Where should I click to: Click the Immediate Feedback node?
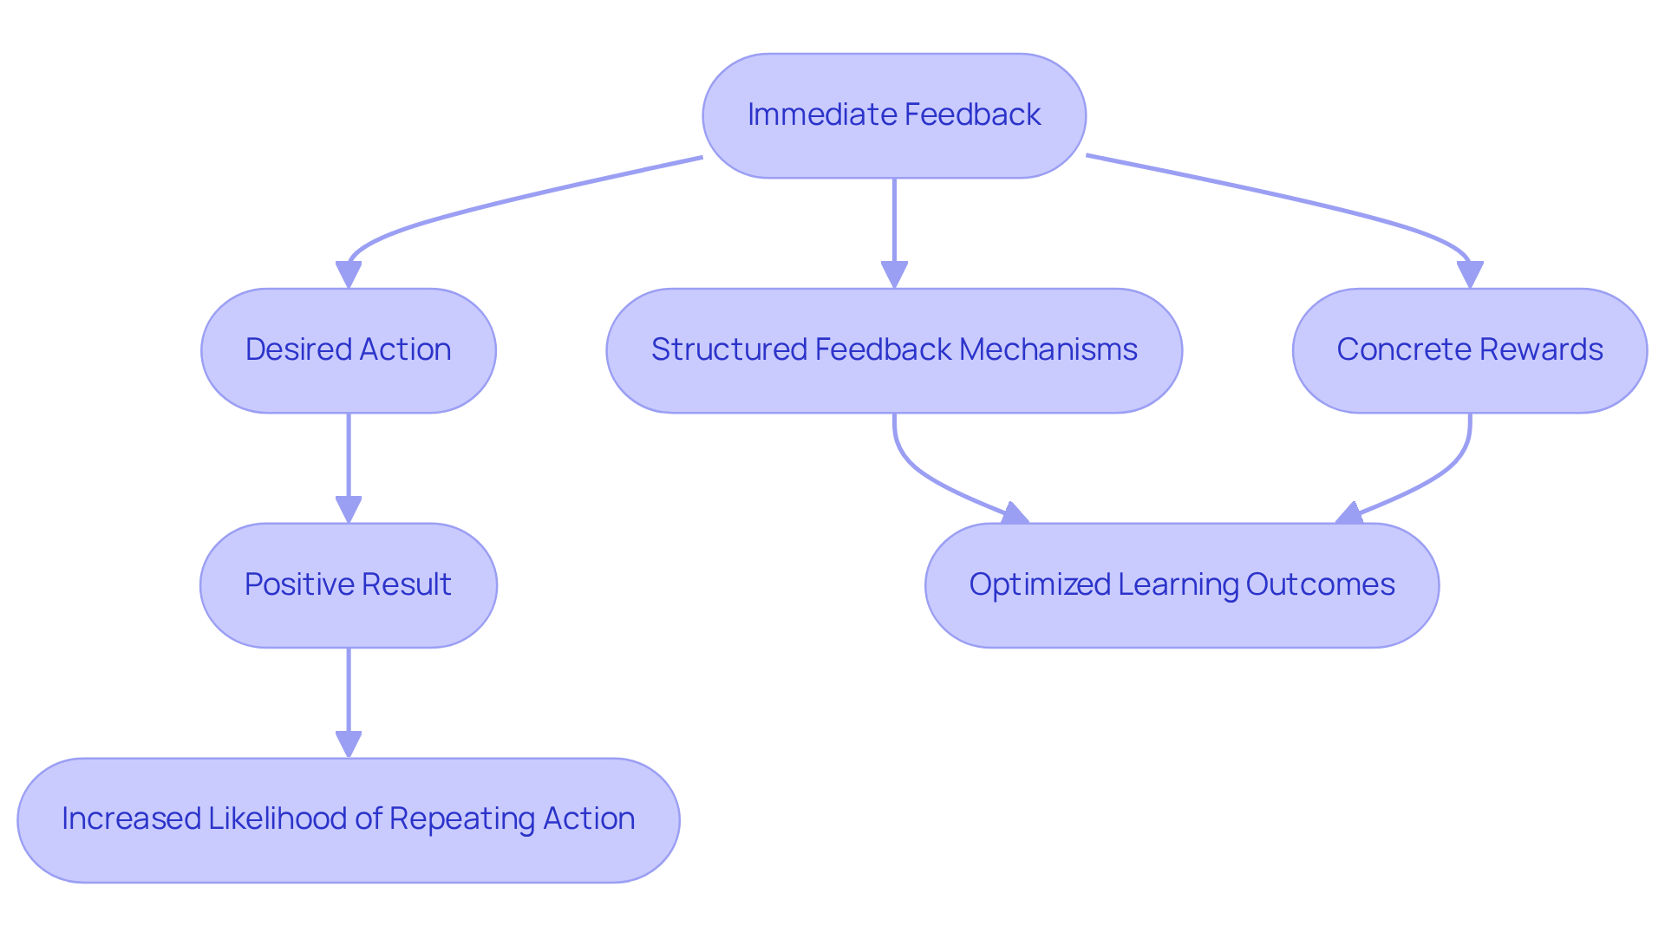point(893,115)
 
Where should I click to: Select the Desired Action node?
point(348,350)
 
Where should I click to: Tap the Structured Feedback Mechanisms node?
point(893,350)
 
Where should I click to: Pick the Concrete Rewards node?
point(1469,350)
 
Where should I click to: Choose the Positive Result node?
point(348,585)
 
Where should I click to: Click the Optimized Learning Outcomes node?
point(1181,585)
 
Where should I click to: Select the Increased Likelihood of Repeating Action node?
point(348,820)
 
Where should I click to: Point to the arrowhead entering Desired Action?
point(349,276)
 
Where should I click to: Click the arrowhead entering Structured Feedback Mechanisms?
point(894,276)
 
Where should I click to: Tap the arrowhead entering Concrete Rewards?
point(1470,276)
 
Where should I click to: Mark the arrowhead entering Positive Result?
point(349,510)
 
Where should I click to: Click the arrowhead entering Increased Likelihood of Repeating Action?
point(349,745)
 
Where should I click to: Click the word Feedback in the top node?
point(971,115)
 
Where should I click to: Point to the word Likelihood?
point(277,820)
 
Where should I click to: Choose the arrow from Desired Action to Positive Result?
point(349,460)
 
